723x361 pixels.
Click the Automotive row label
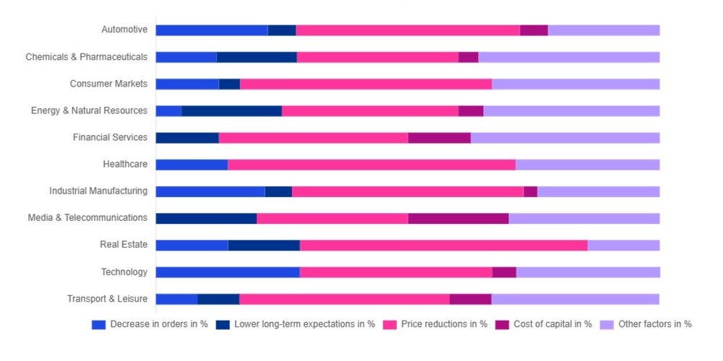(124, 30)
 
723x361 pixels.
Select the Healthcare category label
(125, 164)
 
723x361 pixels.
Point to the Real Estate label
(124, 245)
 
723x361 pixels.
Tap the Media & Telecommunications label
(87, 217)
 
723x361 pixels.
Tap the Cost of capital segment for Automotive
(534, 30)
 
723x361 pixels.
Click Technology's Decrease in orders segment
(228, 272)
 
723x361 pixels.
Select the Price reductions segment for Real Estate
(443, 245)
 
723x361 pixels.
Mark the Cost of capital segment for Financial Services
(439, 137)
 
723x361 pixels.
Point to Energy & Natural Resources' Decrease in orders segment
(168, 110)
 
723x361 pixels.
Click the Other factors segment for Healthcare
(587, 164)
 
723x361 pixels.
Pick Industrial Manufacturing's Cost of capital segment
(530, 191)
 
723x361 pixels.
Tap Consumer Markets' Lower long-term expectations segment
(229, 84)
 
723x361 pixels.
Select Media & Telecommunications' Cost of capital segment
(458, 218)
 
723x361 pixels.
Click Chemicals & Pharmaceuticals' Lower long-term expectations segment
(257, 57)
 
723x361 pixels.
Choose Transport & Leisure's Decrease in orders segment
(176, 299)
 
